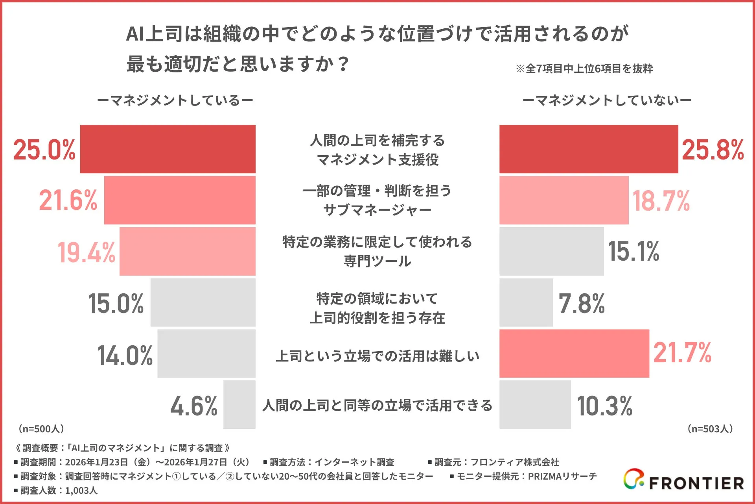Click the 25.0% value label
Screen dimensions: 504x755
(x=44, y=150)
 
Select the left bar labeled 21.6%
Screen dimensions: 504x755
(x=180, y=200)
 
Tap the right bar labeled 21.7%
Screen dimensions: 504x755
(x=574, y=354)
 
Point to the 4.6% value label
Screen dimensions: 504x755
(x=194, y=406)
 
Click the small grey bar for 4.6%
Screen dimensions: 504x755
(x=239, y=404)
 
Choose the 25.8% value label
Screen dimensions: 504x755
(x=713, y=150)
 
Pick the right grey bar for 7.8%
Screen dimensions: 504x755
(x=526, y=302)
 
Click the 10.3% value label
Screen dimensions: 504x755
(x=605, y=406)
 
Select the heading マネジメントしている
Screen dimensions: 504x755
(x=175, y=100)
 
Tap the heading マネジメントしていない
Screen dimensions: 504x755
(x=607, y=100)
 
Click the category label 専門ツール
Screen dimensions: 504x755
(x=377, y=261)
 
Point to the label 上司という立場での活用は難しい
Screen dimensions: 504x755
(x=377, y=356)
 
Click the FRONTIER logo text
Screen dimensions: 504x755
(x=696, y=483)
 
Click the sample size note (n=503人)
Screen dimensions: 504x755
(x=710, y=429)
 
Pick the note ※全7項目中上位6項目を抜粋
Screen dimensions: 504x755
(x=584, y=69)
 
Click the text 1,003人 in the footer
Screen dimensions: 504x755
(x=81, y=491)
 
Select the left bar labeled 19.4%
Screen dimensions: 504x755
(x=188, y=251)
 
